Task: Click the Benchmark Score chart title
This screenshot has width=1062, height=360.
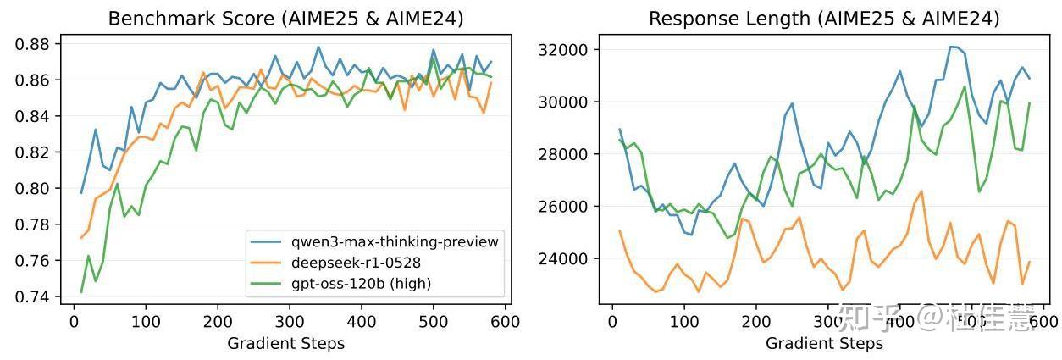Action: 285,19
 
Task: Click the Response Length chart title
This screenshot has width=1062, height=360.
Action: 824,19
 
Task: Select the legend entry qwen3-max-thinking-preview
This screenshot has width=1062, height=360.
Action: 394,242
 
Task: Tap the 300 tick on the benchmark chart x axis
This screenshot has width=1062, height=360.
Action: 290,323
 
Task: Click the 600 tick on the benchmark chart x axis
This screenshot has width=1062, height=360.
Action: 506,323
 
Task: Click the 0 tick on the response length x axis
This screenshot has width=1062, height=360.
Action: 613,323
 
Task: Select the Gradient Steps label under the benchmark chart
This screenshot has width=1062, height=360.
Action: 285,343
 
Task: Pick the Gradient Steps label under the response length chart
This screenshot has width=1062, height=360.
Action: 824,343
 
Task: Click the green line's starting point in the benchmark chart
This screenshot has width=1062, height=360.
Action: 81,292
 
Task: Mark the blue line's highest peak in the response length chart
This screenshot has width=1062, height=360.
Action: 951,47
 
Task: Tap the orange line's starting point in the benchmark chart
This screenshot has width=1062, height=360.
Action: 81,238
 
